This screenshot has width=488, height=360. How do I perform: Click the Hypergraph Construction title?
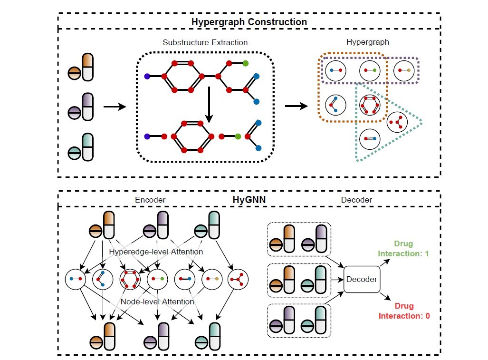pyautogui.click(x=249, y=22)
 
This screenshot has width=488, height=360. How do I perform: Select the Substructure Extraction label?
pyautogui.click(x=205, y=42)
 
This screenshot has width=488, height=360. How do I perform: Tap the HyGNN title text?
pyautogui.click(x=249, y=200)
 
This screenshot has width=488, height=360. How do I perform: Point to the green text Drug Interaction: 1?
pyautogui.click(x=403, y=249)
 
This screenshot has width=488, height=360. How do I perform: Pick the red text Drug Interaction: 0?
pyautogui.click(x=404, y=311)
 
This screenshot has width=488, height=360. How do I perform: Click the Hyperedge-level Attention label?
pyautogui.click(x=156, y=251)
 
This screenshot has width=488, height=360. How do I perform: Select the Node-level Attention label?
pyautogui.click(x=157, y=302)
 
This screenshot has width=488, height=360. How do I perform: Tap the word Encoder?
pyautogui.click(x=150, y=200)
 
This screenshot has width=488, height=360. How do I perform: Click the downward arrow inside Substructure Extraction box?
pyautogui.click(x=208, y=105)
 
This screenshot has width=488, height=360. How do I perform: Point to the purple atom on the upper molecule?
pyautogui.click(x=147, y=76)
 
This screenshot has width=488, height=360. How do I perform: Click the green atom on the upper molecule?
pyautogui.click(x=245, y=63)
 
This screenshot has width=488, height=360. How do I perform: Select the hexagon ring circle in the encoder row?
pyautogui.click(x=130, y=279)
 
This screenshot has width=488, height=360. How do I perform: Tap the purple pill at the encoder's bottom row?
pyautogui.click(x=157, y=338)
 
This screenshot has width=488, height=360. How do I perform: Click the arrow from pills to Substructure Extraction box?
pyautogui.click(x=115, y=107)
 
